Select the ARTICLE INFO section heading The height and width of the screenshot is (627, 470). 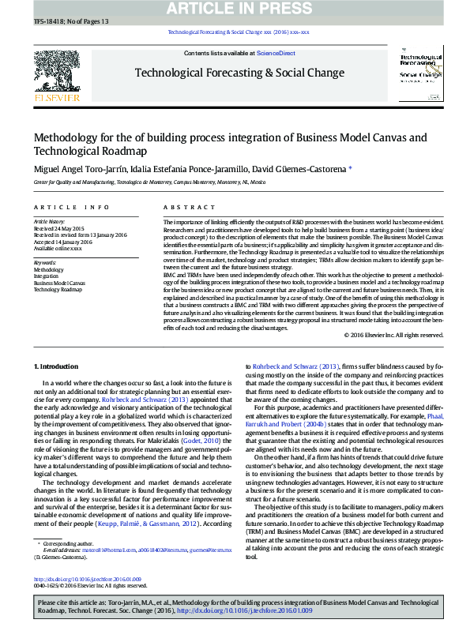pyautogui.click(x=71, y=207)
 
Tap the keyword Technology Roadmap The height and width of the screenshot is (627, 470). pyautogui.click(x=58, y=290)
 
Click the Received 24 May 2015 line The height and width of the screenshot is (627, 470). pyautogui.click(x=58, y=228)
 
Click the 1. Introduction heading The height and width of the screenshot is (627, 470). pyautogui.click(x=57, y=367)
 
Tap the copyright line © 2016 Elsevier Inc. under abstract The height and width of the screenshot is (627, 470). pyautogui.click(x=394, y=335)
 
